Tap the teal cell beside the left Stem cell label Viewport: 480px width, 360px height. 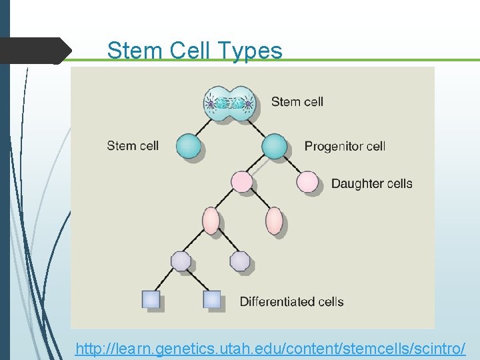click(x=189, y=146)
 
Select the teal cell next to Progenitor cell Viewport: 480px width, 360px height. click(x=274, y=146)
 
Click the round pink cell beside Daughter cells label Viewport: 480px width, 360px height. click(x=307, y=181)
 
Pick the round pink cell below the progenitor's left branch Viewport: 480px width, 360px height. click(x=241, y=181)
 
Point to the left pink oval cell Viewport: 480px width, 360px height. click(x=211, y=221)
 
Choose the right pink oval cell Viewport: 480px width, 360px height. click(x=275, y=221)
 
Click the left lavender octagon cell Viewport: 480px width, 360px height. click(x=181, y=261)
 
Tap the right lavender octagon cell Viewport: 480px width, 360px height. click(x=240, y=261)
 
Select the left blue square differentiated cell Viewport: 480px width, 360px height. click(x=151, y=299)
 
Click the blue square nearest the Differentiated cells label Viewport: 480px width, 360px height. click(x=211, y=299)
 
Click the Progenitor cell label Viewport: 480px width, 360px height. click(x=345, y=146)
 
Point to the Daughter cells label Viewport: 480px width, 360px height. click(x=371, y=183)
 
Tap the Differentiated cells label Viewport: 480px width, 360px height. click(x=291, y=301)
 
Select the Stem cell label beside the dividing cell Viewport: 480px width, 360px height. click(x=297, y=102)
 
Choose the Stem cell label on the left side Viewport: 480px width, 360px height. click(x=133, y=145)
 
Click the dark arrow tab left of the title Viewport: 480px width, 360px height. click(x=37, y=51)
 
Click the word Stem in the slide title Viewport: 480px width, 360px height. click(x=133, y=51)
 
